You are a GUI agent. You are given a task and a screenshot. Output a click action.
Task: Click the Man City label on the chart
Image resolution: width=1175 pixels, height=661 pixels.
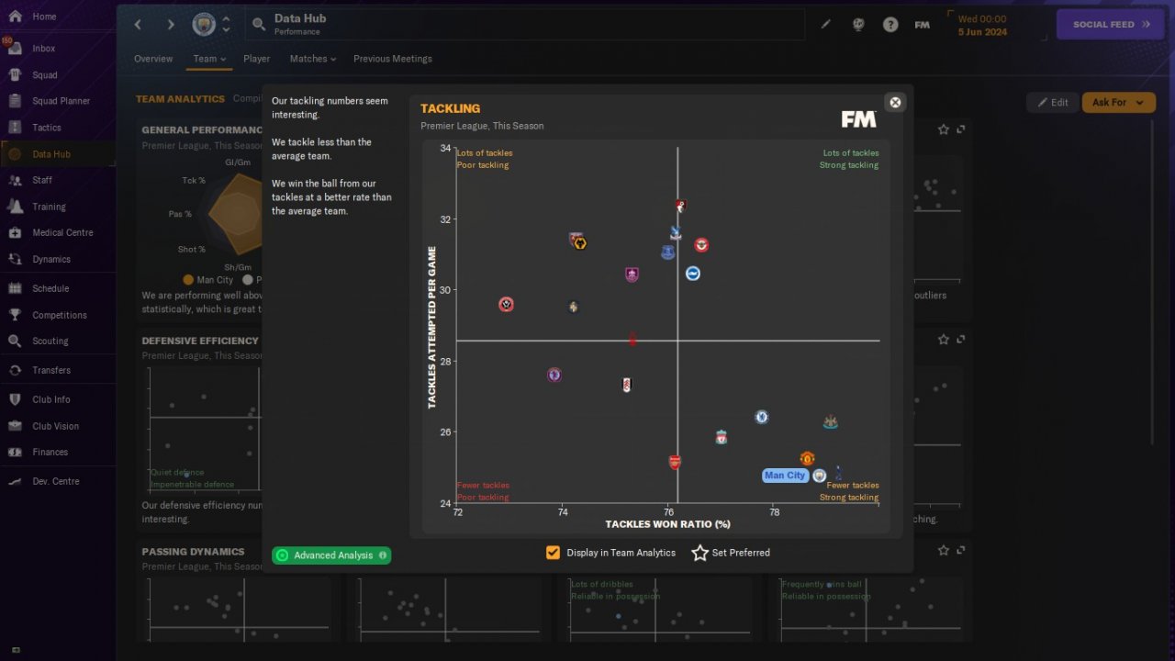785,476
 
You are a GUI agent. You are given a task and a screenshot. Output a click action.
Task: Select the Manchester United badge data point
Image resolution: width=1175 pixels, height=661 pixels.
807,458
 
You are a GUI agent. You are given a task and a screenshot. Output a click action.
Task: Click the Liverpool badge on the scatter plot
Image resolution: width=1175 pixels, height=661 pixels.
722,437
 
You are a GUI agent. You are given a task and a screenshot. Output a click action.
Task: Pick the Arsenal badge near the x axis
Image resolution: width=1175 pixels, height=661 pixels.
675,462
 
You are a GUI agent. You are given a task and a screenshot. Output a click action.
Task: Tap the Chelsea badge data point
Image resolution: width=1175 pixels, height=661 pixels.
761,417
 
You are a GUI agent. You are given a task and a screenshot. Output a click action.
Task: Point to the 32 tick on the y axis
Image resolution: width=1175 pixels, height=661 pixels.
445,219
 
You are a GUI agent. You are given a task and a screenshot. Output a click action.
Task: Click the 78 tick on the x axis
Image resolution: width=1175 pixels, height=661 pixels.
774,512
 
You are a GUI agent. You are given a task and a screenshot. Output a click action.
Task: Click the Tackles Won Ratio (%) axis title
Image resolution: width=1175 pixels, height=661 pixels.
667,524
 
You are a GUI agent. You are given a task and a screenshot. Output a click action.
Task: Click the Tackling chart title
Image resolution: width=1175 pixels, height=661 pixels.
450,108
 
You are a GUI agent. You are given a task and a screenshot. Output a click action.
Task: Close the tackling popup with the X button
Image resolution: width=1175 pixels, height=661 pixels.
895,102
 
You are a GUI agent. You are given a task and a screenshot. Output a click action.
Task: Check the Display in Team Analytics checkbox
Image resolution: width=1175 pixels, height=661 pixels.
553,553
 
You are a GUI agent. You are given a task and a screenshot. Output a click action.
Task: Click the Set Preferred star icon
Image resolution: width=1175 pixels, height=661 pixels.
700,553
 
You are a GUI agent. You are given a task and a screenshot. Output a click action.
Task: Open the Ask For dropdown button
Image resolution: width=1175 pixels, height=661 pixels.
1118,102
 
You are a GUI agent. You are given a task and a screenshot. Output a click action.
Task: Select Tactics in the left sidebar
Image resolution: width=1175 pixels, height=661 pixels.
46,128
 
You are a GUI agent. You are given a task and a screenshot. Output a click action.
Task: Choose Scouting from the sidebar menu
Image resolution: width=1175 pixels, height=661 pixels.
50,341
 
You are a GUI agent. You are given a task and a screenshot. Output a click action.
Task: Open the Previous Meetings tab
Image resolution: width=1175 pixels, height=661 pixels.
392,59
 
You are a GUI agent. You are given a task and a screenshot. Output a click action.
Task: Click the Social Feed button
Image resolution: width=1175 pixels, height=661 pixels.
1111,24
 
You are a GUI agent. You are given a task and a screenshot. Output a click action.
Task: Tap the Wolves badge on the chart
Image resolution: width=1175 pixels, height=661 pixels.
579,243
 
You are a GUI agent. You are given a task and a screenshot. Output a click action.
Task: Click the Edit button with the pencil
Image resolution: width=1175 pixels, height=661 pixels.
1052,102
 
